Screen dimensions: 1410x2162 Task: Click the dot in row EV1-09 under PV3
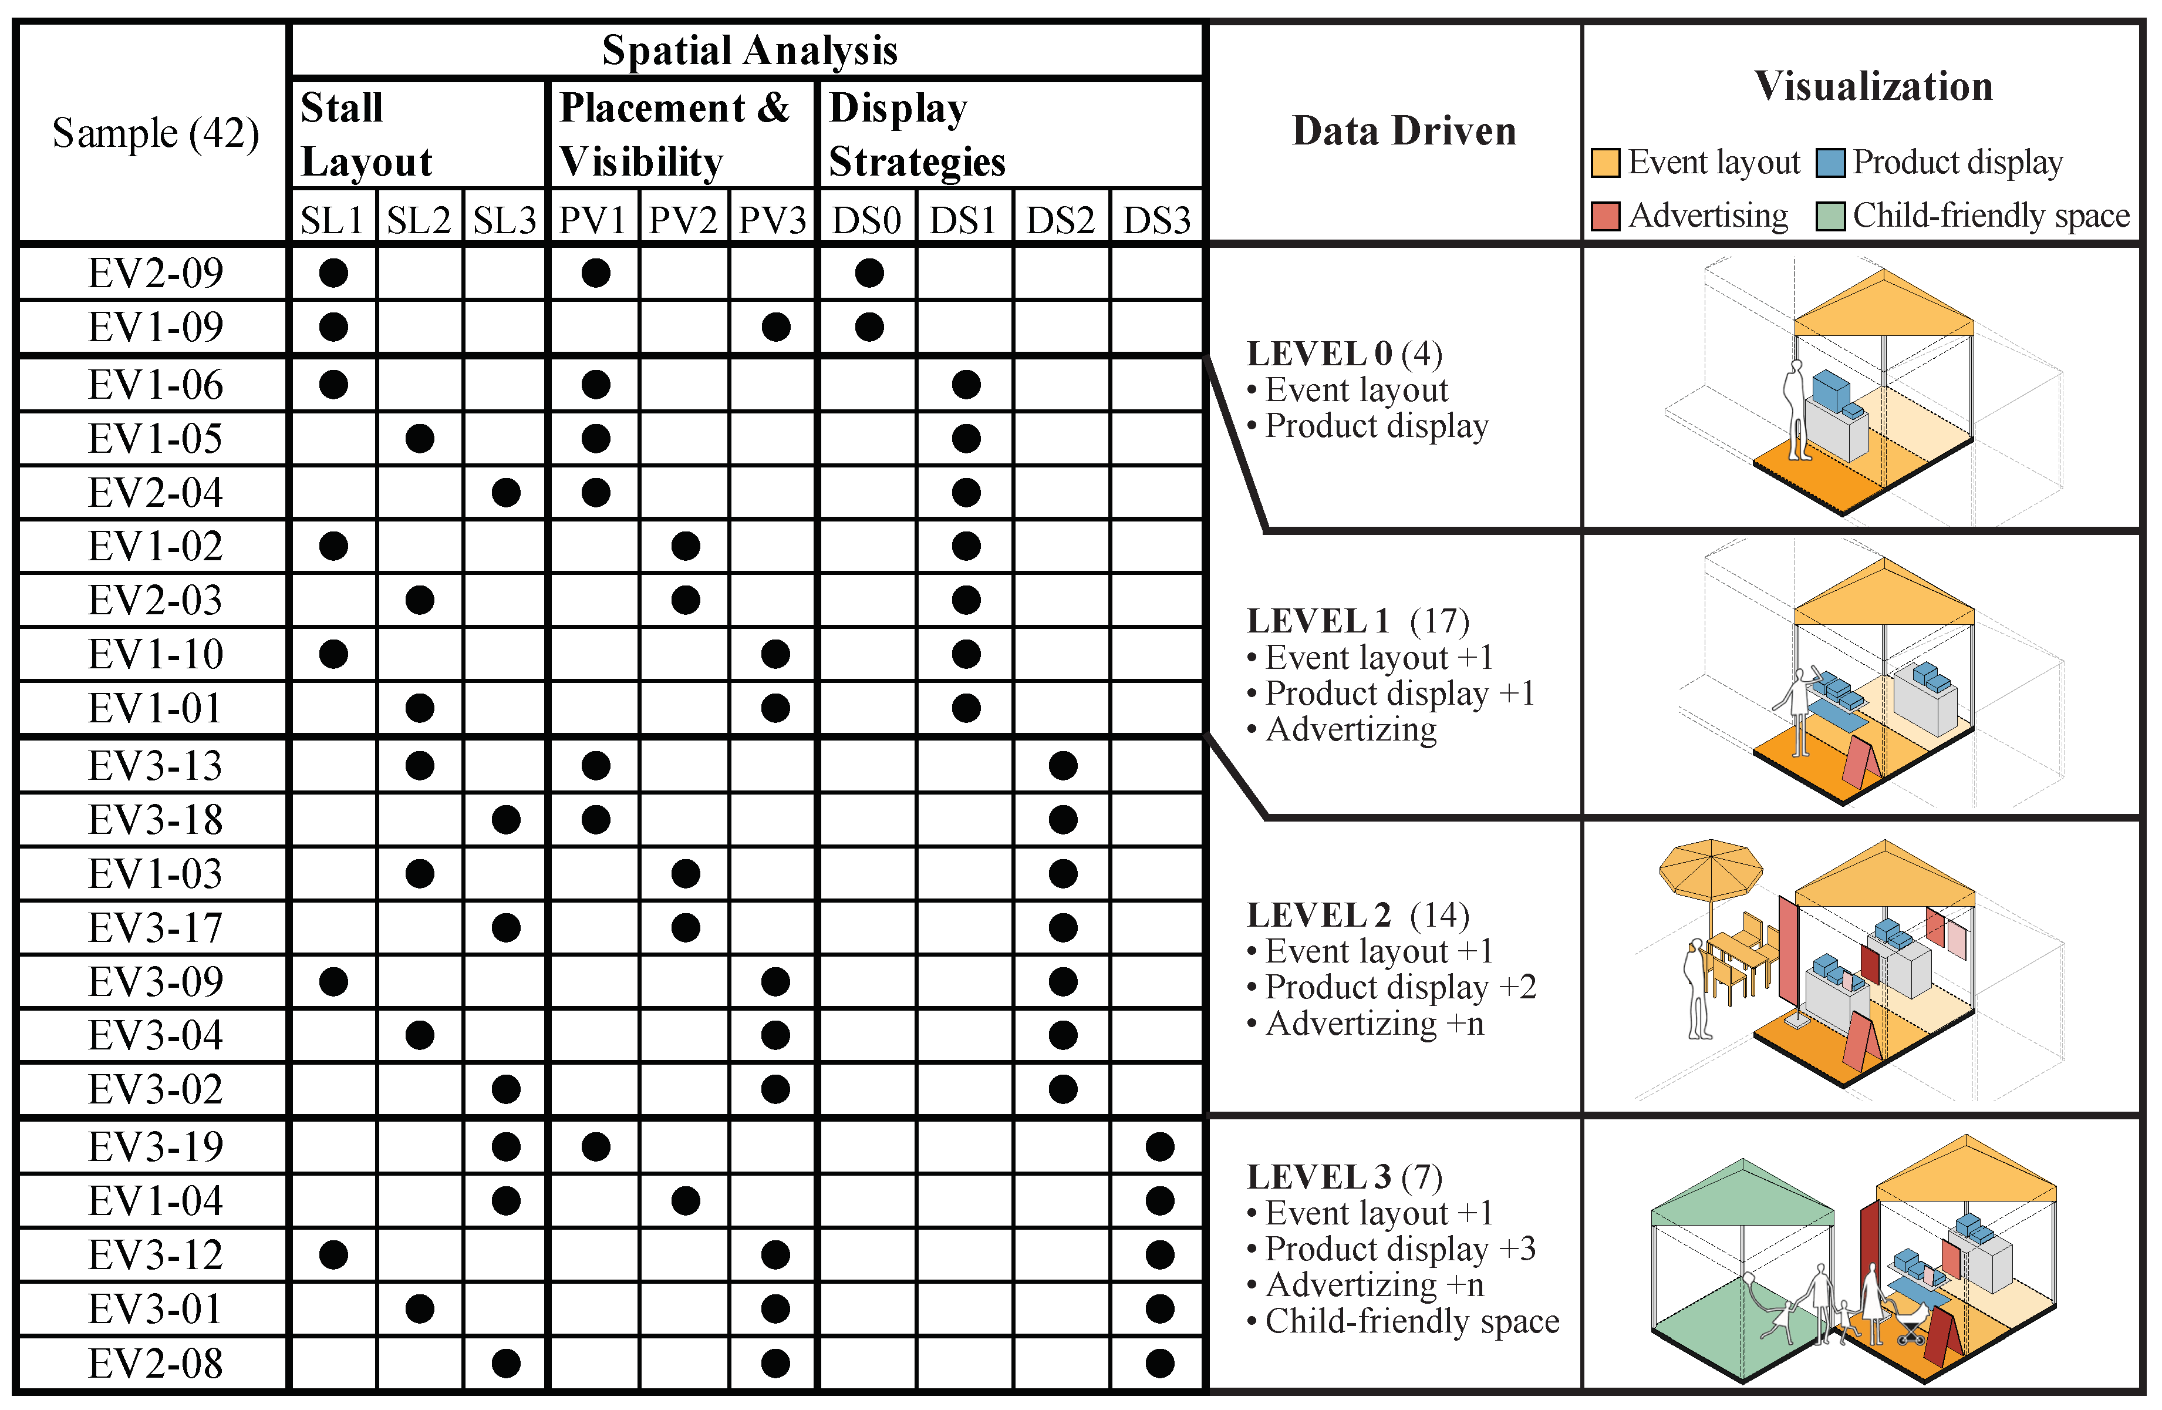coord(775,327)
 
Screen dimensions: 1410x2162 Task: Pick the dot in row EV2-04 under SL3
coord(506,492)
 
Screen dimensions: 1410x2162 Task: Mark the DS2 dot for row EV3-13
coord(1063,766)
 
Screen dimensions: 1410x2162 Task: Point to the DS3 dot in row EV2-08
coord(1160,1363)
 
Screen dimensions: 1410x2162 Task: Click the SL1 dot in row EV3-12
coord(333,1254)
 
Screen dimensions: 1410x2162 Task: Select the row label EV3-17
coord(156,928)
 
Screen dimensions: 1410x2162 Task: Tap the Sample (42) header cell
coord(156,133)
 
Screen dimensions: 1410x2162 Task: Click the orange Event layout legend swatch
coord(1605,163)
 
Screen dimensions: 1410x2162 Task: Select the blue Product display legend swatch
coord(1830,163)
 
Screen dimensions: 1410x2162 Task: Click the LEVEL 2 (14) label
coord(1358,915)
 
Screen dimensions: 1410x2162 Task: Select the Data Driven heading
coord(1404,132)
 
